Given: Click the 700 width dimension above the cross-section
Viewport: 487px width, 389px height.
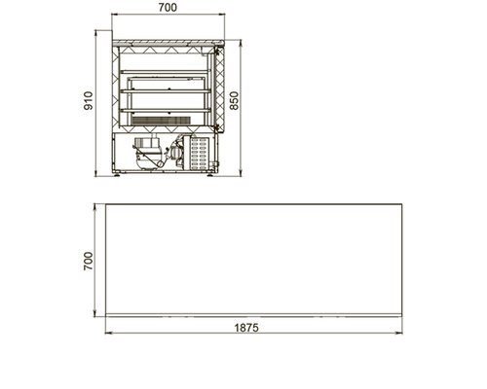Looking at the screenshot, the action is pos(168,7).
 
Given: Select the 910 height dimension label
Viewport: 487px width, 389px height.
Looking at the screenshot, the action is pos(88,101).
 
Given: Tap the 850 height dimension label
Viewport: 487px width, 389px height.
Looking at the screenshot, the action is pos(234,101).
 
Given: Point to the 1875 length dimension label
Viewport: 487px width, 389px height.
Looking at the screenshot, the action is pos(246,328).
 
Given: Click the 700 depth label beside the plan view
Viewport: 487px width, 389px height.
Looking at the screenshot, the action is pos(88,261).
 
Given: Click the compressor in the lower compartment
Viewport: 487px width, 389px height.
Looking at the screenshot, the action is pos(148,153).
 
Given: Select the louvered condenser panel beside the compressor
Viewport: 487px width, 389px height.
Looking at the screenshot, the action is pos(199,153).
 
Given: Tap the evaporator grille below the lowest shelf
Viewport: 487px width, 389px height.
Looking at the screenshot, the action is pos(161,121).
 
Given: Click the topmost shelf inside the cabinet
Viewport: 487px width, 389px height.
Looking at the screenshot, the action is pos(164,72).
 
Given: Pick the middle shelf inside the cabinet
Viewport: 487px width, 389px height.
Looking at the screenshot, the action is pos(166,91).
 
